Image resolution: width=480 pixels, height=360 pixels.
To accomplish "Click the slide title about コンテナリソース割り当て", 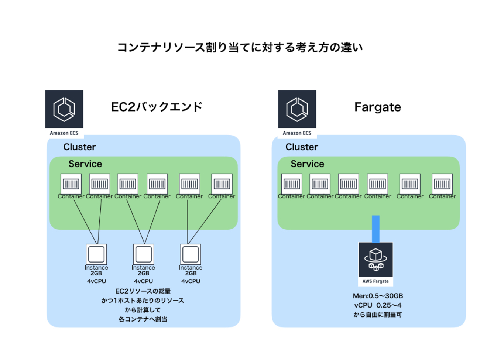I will tap(240, 48).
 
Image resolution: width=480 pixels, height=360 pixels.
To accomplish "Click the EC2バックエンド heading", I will tap(157, 107).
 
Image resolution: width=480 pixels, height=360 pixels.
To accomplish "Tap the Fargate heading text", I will tap(377, 107).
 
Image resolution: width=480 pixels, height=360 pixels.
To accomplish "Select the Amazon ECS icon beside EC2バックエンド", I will tap(64, 109).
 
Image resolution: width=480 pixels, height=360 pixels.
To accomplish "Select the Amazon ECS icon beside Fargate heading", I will tap(297, 109).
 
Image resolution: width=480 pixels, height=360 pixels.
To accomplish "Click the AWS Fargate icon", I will tap(376, 260).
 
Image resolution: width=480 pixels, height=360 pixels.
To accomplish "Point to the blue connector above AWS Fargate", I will tap(376, 229).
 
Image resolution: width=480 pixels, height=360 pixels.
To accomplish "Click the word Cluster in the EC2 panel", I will tap(79, 147).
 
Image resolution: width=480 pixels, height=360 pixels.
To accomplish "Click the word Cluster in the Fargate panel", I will tap(302, 147).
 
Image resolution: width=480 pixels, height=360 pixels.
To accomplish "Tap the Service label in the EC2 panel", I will tap(85, 164).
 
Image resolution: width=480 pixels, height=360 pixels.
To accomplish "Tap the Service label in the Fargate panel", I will tap(307, 164).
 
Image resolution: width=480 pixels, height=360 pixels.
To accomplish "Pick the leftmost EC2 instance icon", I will tap(96, 254).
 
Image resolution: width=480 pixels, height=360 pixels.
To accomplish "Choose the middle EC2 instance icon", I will tap(144, 254).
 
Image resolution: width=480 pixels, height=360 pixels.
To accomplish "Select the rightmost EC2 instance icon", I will tap(191, 254).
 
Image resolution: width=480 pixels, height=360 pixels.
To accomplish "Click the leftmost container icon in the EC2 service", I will tap(71, 184).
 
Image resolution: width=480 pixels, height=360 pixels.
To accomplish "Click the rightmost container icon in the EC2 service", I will tap(222, 184).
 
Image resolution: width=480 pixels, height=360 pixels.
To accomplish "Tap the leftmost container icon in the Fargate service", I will tap(292, 184).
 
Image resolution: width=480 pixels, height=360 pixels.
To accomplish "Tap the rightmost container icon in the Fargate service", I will tap(442, 184).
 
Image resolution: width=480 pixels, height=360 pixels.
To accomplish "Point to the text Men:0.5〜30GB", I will tap(378, 296).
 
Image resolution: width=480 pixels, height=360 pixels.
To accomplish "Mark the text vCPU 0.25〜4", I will tap(378, 305).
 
